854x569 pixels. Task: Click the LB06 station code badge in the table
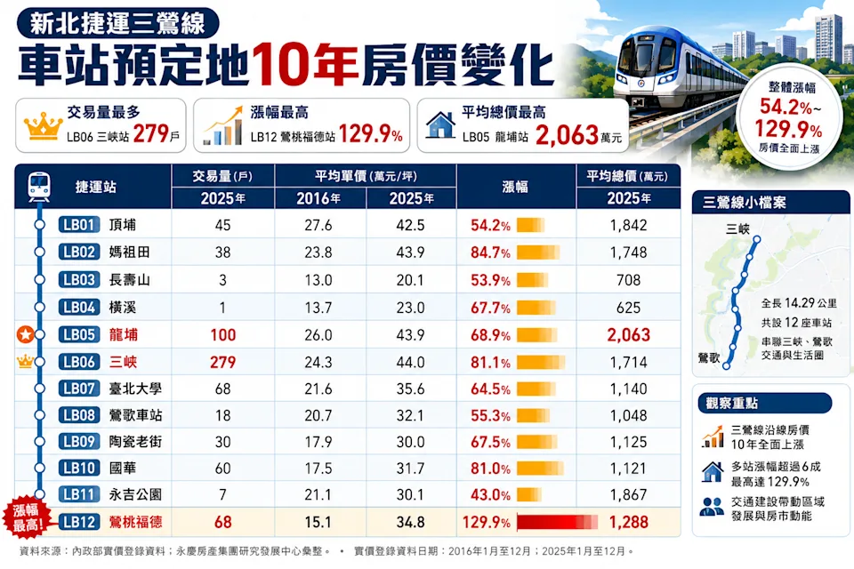[79, 362]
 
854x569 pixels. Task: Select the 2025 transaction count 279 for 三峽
[222, 362]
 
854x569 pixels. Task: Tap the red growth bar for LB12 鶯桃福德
[557, 522]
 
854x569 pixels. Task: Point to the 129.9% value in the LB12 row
[487, 522]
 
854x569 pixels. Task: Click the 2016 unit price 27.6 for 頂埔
[318, 225]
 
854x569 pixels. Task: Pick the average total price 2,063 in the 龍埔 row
[629, 335]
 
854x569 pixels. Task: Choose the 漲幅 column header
[515, 187]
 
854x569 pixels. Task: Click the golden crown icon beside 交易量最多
[43, 126]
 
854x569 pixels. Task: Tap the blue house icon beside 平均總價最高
[440, 125]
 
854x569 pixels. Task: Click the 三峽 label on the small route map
[737, 229]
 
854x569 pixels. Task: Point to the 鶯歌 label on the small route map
[709, 357]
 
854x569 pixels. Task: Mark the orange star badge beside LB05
[25, 334]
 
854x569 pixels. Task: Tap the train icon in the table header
[39, 186]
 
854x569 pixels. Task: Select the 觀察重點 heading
[731, 403]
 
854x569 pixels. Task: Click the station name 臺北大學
[135, 389]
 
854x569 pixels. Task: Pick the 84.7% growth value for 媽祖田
[490, 252]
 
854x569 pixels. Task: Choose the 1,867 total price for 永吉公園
[629, 494]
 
